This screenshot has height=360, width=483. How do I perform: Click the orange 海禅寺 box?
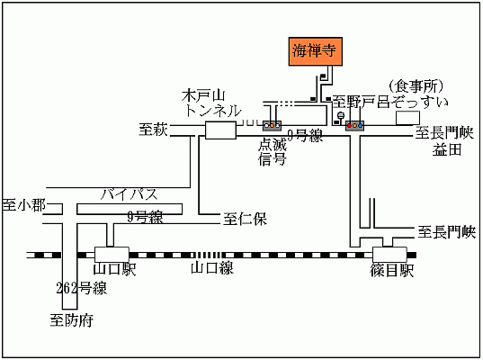pyautogui.click(x=313, y=51)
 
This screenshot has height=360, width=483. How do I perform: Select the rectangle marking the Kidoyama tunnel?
pyautogui.click(x=220, y=131)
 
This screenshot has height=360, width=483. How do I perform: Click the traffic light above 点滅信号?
pyautogui.click(x=272, y=125)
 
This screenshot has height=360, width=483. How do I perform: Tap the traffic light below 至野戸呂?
pyautogui.click(x=355, y=125)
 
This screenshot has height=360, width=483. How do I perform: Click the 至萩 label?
pyautogui.click(x=154, y=130)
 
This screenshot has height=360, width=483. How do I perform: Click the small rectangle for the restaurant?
pyautogui.click(x=408, y=118)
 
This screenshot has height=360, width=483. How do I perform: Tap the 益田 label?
pyautogui.click(x=447, y=149)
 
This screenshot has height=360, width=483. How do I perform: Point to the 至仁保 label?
pyautogui.click(x=244, y=218)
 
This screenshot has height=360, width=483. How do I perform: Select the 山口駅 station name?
pyautogui.click(x=114, y=270)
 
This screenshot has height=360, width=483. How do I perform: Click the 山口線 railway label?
pyautogui.click(x=212, y=268)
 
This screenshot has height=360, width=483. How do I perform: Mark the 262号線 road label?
pyautogui.click(x=81, y=289)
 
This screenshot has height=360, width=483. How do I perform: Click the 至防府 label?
pyautogui.click(x=72, y=319)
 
